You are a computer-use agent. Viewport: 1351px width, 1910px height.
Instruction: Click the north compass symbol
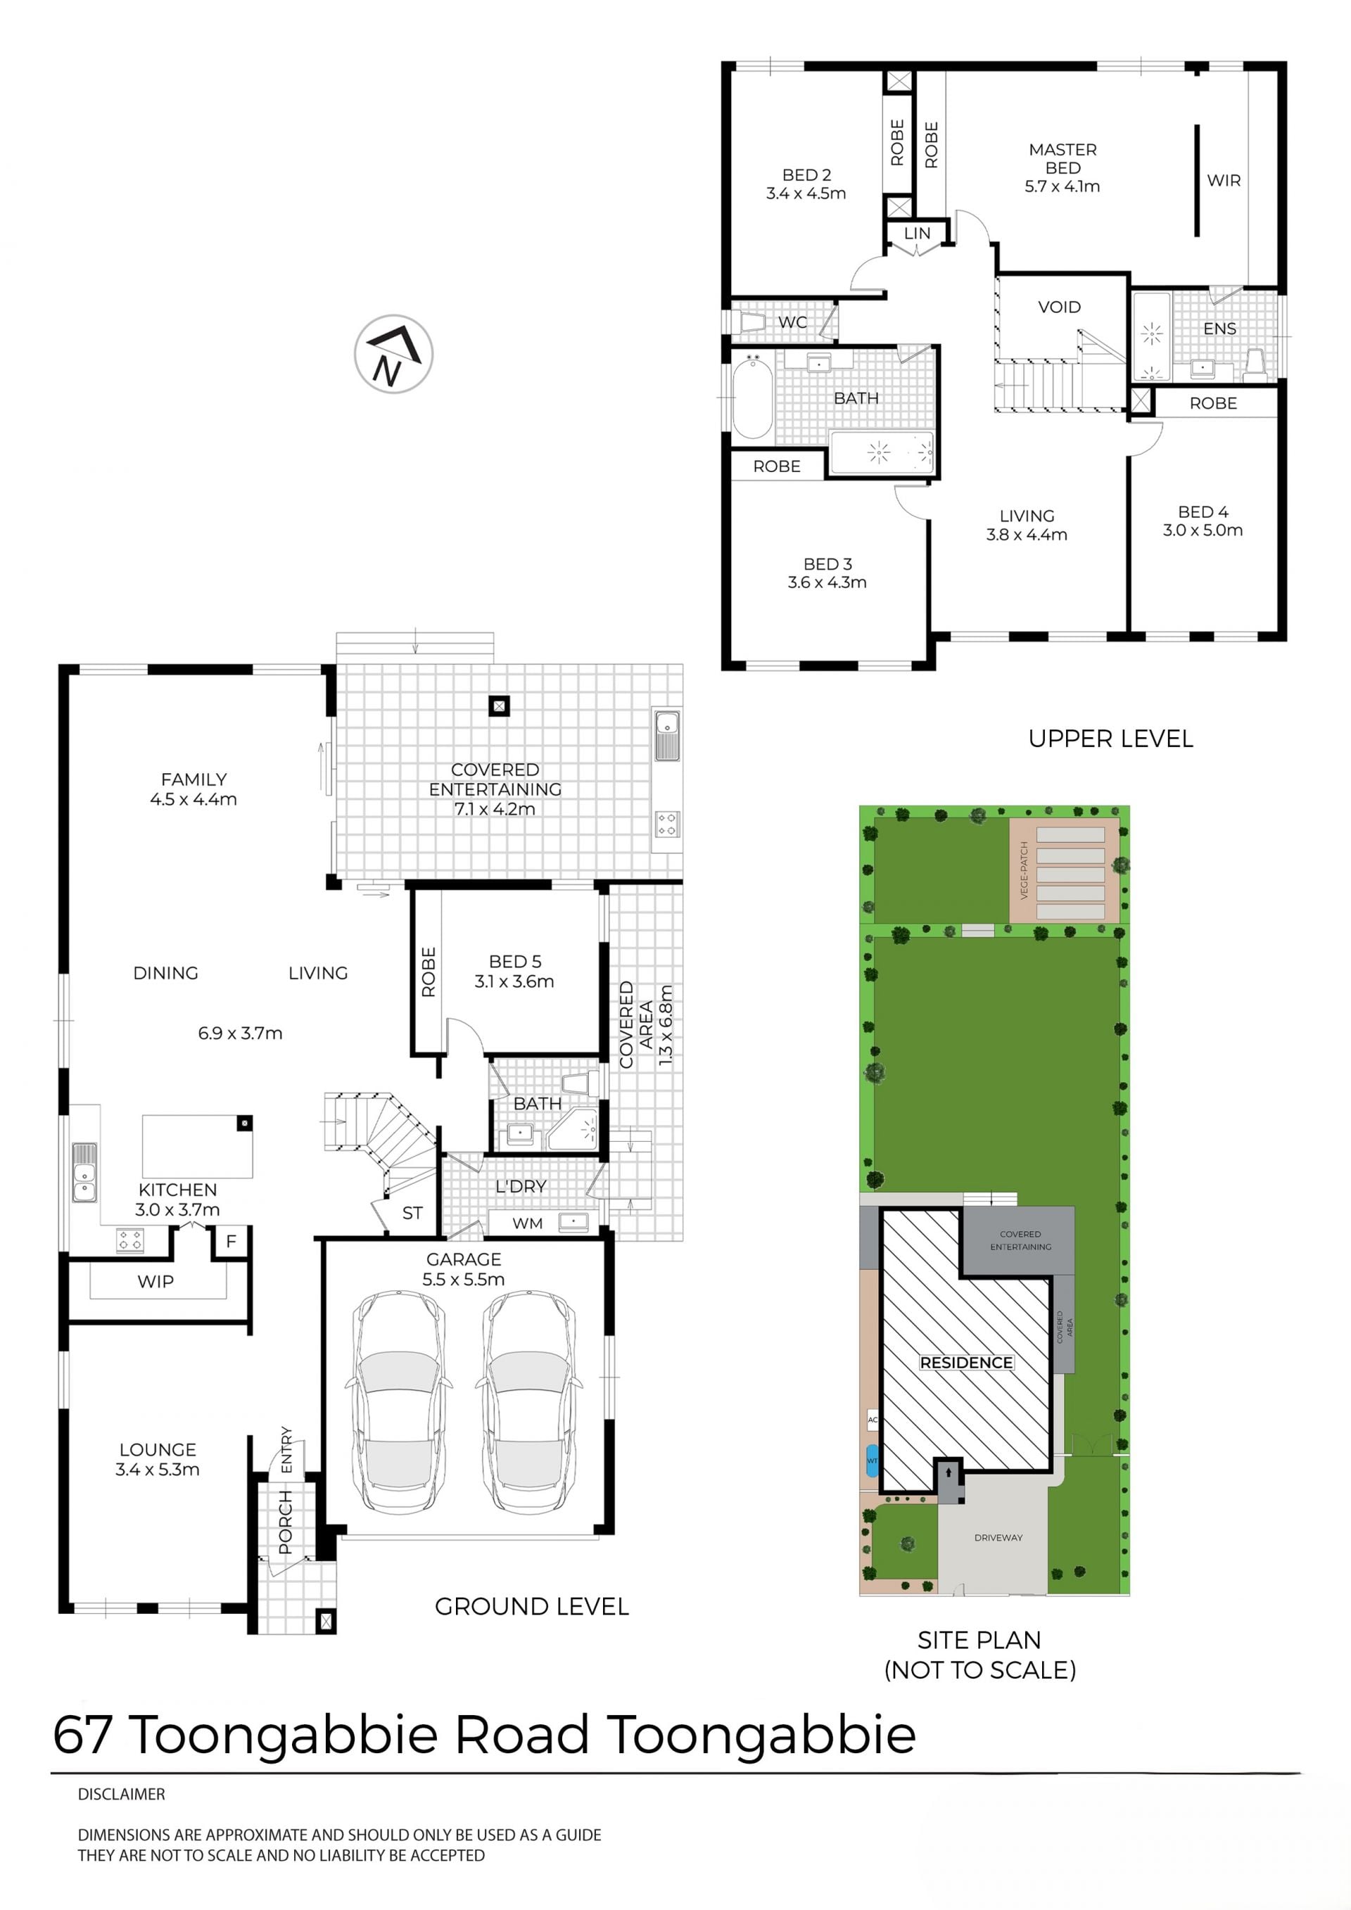tap(393, 354)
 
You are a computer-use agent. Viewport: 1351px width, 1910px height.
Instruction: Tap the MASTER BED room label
tap(1063, 159)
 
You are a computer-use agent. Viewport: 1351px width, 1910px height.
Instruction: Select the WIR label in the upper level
tap(1224, 181)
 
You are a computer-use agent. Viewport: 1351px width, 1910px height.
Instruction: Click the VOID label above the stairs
tap(1059, 307)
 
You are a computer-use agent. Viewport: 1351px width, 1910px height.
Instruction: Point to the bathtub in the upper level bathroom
tap(752, 397)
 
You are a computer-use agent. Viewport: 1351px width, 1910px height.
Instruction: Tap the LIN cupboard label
tap(917, 234)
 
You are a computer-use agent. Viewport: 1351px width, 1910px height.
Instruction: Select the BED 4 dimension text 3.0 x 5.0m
tap(1203, 530)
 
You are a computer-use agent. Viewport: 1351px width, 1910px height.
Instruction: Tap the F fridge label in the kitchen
tap(231, 1241)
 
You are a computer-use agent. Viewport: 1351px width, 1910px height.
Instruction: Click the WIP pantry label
tap(156, 1282)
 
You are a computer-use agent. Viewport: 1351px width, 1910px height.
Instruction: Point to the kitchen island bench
tap(197, 1146)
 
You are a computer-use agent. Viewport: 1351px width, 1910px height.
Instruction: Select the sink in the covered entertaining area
tap(667, 735)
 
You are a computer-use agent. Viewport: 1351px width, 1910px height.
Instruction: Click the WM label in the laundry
tap(528, 1223)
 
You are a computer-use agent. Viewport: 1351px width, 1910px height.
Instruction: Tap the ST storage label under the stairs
tap(412, 1213)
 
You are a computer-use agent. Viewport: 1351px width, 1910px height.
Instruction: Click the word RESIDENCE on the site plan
tap(966, 1363)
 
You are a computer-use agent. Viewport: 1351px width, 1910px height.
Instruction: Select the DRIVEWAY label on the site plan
tap(998, 1537)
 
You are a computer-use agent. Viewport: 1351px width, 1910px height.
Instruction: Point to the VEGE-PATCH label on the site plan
tap(1024, 870)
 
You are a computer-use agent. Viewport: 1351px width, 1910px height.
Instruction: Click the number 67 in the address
tap(82, 1734)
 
